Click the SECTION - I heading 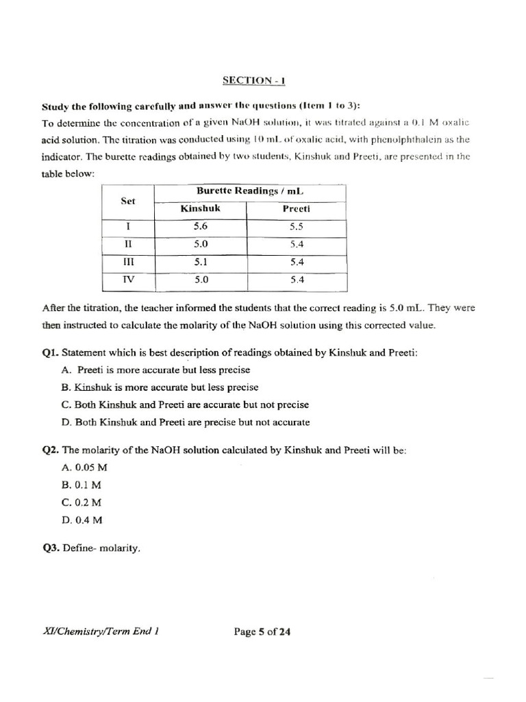[253, 81]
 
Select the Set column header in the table [128, 201]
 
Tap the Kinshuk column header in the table [200, 208]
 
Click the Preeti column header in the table [297, 209]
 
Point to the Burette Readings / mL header [250, 191]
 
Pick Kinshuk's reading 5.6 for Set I [200, 226]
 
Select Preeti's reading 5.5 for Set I [297, 226]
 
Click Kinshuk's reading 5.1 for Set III [200, 261]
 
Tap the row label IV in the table [128, 279]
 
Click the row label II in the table [128, 243]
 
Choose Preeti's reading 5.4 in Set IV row [297, 279]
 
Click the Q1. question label [51, 353]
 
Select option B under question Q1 [160, 387]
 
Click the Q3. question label [51, 548]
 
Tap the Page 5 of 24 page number [262, 632]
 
